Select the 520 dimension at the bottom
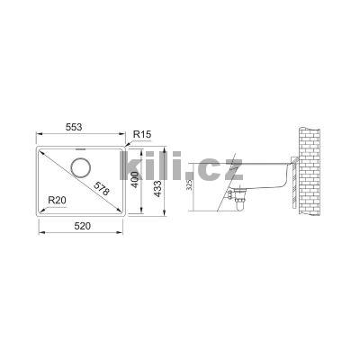pyautogui.click(x=81, y=230)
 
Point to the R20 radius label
pyautogui.click(x=58, y=199)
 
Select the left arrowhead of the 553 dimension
pyautogui.click(x=38, y=138)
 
